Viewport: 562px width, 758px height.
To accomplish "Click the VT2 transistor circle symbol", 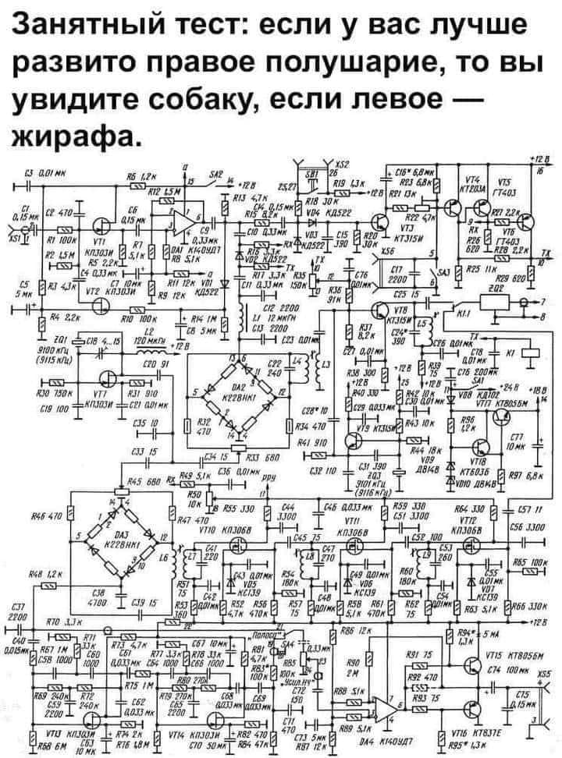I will pos(105,305).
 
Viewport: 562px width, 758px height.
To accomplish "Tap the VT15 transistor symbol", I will pos(473,664).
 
